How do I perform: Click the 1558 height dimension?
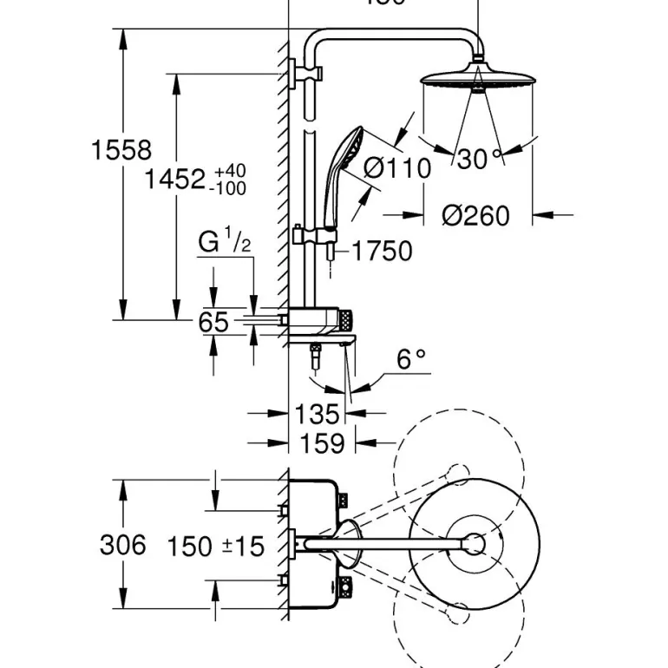click(121, 150)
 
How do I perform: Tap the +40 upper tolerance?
click(231, 170)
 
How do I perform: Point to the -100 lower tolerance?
click(229, 188)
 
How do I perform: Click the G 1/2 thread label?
click(224, 242)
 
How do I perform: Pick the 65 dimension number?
click(213, 323)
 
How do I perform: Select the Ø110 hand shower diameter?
click(396, 167)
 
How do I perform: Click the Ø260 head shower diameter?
click(475, 215)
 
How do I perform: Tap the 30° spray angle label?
click(480, 159)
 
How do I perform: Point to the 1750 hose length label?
click(382, 252)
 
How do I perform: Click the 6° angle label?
click(411, 358)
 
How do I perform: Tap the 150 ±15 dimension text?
click(215, 547)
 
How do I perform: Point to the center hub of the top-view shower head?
click(474, 545)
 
